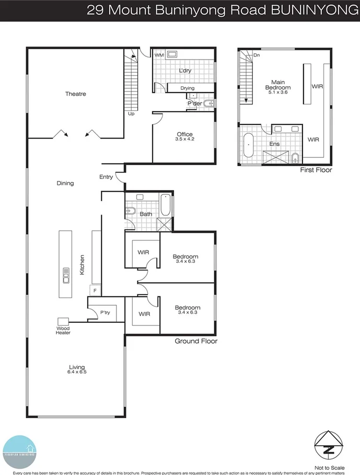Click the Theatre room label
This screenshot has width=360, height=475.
pyautogui.click(x=75, y=94)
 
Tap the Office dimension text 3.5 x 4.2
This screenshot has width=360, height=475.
pyautogui.click(x=185, y=140)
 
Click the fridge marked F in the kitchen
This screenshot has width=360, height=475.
pyautogui.click(x=95, y=290)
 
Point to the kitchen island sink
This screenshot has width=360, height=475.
pyautogui.click(x=67, y=274)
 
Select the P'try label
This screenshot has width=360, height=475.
pyautogui.click(x=106, y=312)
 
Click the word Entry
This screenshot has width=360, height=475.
pyautogui.click(x=106, y=177)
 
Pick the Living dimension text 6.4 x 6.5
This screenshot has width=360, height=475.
pyautogui.click(x=76, y=372)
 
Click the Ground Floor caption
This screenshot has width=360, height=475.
pyautogui.click(x=196, y=341)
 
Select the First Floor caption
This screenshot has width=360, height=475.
pyautogui.click(x=316, y=170)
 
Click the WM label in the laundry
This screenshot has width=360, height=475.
pyautogui.click(x=159, y=54)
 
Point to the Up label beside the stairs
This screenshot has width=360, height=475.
pyautogui.click(x=131, y=113)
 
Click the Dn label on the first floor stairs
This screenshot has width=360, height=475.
pyautogui.click(x=257, y=55)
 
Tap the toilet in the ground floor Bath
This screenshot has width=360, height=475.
pyautogui.click(x=131, y=212)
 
